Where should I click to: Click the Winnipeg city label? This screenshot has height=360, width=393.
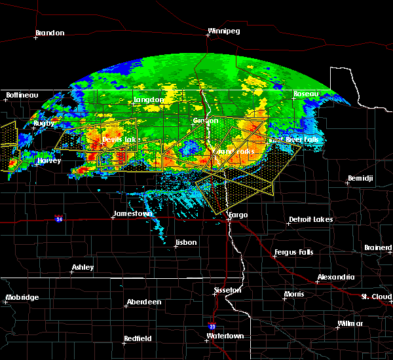pos(224,31)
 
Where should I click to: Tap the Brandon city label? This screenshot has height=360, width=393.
pos(50,33)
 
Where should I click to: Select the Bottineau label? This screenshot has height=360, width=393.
pos(22,96)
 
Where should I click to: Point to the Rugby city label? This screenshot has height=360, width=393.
pos(44,123)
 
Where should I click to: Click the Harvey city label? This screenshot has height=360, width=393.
pos(49,160)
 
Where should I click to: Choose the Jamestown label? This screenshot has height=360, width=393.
pos(133,213)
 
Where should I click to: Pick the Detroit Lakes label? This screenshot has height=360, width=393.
pos(310,219)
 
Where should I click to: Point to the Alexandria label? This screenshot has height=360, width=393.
pos(336,278)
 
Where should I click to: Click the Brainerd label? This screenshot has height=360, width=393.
pos(379,247)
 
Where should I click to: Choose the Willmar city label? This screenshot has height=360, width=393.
pos(350,324)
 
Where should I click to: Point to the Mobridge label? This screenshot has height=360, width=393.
pos(22,297)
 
